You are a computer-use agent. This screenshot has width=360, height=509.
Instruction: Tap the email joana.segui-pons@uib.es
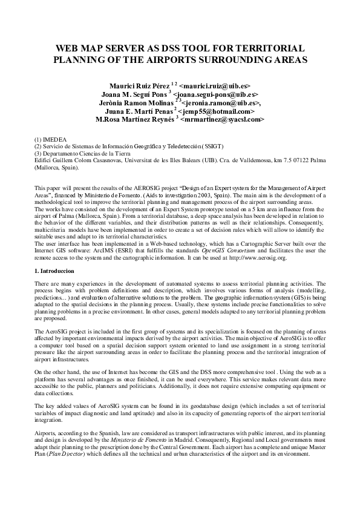coord(215,95)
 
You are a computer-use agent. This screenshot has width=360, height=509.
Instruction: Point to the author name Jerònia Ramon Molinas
coord(132,103)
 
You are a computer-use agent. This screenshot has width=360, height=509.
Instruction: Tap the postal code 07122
coord(299,160)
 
